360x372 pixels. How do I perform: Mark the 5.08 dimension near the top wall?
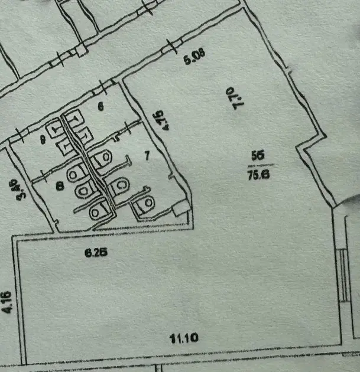194,60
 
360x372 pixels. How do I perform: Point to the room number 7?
147,156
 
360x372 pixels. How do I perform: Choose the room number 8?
59,186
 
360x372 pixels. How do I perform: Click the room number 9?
43,139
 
